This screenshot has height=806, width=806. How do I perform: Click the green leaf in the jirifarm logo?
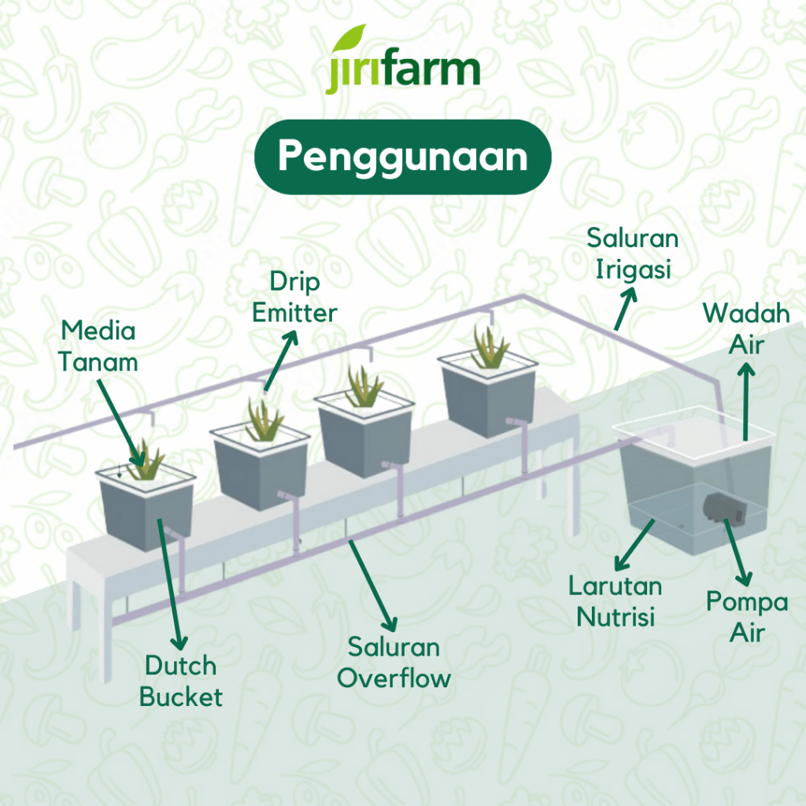[x=349, y=38]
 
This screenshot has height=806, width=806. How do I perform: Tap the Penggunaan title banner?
[x=402, y=157]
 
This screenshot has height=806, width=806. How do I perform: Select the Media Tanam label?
[x=98, y=346]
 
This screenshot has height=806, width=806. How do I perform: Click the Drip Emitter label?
[x=294, y=297]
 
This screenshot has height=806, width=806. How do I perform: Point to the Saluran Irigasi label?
[x=632, y=253]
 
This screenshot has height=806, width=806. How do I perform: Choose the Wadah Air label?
[x=746, y=329]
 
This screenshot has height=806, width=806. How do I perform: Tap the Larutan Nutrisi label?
[x=616, y=601]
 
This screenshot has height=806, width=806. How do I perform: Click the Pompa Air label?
[x=747, y=617]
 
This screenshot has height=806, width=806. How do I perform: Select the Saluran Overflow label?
[x=394, y=663]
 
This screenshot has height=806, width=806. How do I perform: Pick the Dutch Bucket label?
[x=181, y=682]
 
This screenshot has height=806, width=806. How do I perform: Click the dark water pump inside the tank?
[x=725, y=508]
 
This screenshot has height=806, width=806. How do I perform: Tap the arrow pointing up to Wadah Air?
[x=746, y=401]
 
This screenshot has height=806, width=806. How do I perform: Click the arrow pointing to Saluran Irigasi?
[x=626, y=309]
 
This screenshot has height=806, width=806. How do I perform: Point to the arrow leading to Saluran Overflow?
[x=372, y=586]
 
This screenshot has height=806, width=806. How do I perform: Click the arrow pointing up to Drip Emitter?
[x=281, y=360]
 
